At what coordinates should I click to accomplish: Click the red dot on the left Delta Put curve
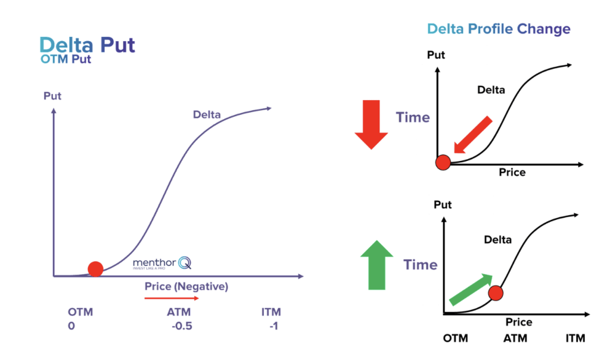tap(95, 269)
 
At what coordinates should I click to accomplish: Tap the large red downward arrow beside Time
tap(372, 124)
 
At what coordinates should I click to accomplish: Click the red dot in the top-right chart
tap(443, 162)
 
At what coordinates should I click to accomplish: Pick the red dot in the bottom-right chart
tap(496, 293)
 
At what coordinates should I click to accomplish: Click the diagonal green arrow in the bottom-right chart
tap(470, 289)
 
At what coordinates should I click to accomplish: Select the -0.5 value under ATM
tap(180, 326)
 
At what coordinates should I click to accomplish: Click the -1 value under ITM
tap(273, 326)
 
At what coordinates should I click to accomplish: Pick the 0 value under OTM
tap(71, 326)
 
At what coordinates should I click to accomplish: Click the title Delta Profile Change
tap(499, 29)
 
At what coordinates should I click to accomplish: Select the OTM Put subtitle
tap(66, 60)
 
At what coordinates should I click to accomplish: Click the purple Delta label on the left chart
tap(207, 114)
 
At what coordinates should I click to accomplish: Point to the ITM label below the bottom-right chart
tap(575, 339)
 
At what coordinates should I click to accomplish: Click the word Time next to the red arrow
tap(413, 117)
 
